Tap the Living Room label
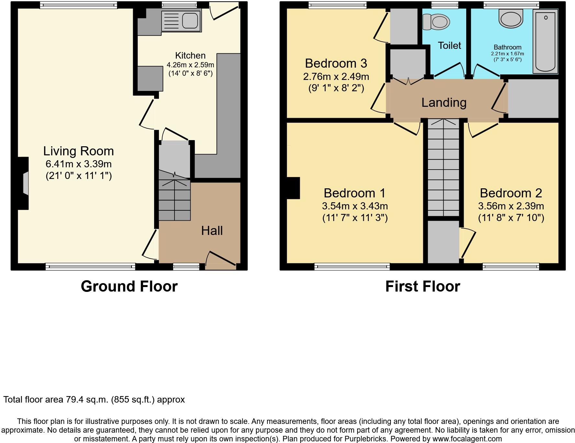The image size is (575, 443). [x=78, y=151]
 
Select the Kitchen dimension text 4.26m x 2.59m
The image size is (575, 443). [x=190, y=65]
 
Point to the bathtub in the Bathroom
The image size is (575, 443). [x=545, y=41]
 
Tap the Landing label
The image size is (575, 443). [x=444, y=103]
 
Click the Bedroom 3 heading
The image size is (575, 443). [x=336, y=63]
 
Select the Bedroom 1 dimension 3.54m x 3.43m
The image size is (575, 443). [x=355, y=206]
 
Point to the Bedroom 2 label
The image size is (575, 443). [x=511, y=193]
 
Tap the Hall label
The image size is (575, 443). [x=212, y=231]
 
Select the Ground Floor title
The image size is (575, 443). [x=129, y=286]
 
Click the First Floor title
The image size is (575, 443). [x=423, y=286]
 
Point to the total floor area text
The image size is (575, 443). [x=94, y=400]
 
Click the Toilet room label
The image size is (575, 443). [x=449, y=46]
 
